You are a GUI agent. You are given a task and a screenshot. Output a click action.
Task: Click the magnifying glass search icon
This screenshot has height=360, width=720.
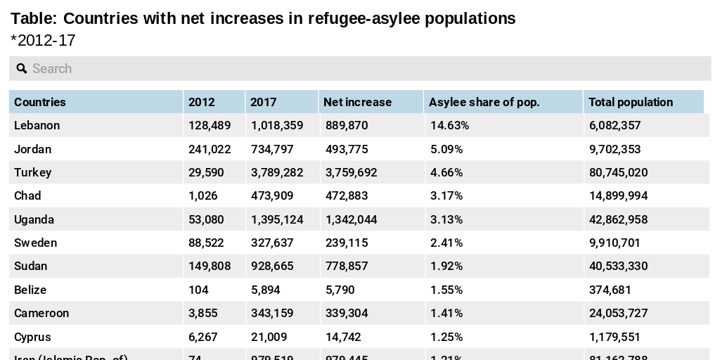(21, 68)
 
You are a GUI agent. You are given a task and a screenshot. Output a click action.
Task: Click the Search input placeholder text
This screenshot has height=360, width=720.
(52, 68)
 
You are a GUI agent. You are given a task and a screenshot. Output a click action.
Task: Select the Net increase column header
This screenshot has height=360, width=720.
(357, 102)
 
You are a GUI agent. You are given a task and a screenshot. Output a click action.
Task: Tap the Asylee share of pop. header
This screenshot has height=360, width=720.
(484, 102)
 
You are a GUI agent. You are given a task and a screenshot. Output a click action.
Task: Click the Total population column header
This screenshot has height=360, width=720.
(630, 102)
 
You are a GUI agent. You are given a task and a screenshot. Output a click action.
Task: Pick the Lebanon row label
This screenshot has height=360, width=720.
(37, 125)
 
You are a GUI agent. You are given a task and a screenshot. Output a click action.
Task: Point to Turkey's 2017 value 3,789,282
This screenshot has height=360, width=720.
(277, 172)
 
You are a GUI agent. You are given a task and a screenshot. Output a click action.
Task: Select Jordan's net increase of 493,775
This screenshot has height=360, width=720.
(346, 149)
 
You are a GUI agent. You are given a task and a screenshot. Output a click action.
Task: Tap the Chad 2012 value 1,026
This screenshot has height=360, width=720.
(203, 195)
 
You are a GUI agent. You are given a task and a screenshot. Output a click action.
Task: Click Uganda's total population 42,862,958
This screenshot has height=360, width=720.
(618, 219)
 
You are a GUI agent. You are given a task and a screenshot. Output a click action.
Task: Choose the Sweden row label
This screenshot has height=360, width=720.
(35, 243)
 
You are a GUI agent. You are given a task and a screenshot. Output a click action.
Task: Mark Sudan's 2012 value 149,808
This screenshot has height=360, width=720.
(210, 266)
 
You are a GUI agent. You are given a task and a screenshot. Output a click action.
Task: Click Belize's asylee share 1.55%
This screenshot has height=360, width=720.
(446, 290)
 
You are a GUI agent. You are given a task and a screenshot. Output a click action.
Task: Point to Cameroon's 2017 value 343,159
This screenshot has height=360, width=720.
(272, 313)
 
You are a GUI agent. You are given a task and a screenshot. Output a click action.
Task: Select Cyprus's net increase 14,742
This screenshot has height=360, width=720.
(342, 337)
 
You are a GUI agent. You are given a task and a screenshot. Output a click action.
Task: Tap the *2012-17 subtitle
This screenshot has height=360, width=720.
(43, 41)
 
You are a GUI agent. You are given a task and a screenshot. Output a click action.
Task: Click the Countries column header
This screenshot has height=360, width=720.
(40, 102)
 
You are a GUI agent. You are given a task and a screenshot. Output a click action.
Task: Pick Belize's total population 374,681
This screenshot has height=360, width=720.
(610, 290)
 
